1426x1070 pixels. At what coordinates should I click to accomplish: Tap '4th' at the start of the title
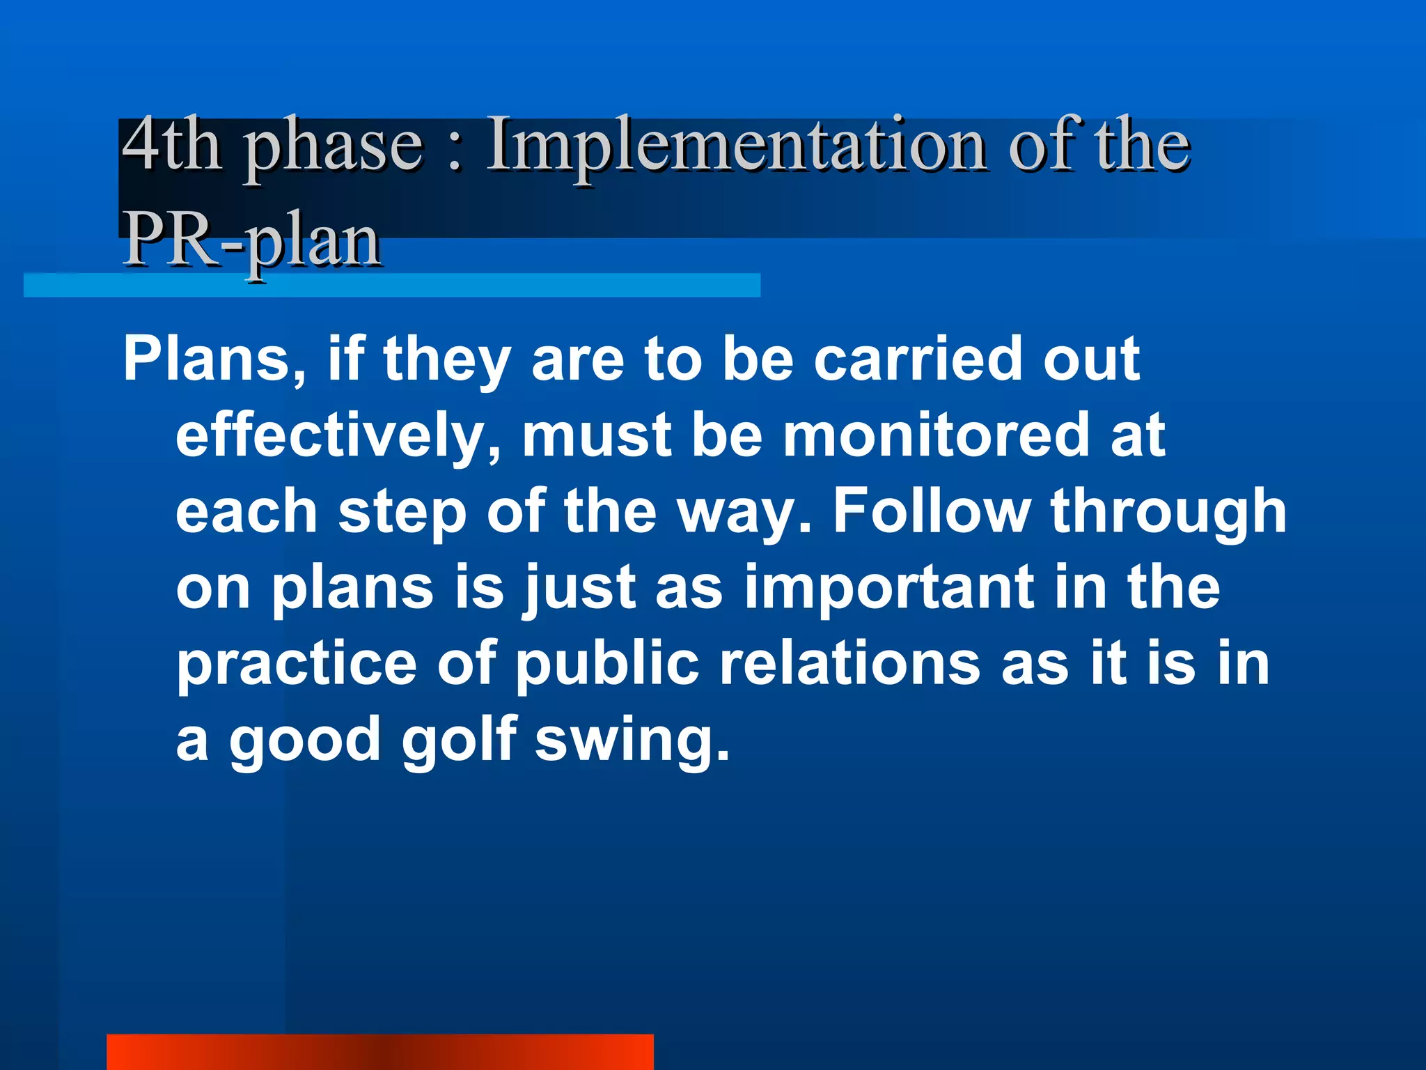[x=171, y=145]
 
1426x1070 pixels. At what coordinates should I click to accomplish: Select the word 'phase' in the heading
[x=334, y=148]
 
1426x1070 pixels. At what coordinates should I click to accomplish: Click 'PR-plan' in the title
[x=252, y=240]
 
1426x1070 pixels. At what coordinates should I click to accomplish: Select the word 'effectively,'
[x=338, y=436]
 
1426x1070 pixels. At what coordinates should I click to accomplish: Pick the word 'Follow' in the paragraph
[x=932, y=511]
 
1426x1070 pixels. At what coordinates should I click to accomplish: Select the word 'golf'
[x=460, y=740]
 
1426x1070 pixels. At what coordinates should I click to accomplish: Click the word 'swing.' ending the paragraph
[x=632, y=741]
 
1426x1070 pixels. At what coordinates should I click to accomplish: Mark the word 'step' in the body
[x=402, y=513]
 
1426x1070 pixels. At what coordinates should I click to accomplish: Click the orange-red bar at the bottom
[x=379, y=1052]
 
